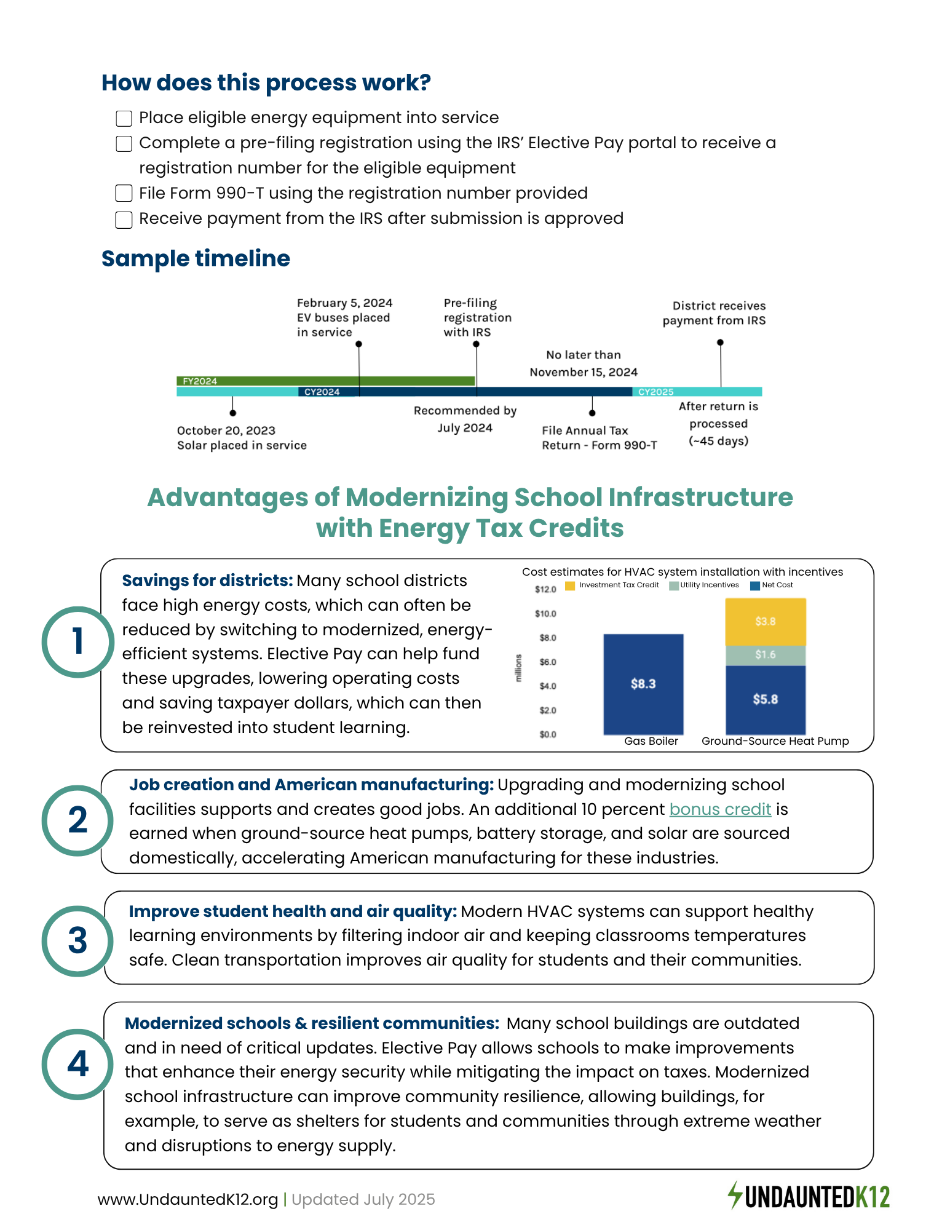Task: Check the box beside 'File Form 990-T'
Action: pos(124,194)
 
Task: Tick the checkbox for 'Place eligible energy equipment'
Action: pos(124,118)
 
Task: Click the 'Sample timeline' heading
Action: pos(196,259)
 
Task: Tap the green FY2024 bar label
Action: pos(200,381)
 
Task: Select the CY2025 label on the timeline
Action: pos(656,392)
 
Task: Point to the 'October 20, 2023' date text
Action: pos(226,430)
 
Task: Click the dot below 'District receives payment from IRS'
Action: pos(720,343)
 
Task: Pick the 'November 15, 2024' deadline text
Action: pos(584,372)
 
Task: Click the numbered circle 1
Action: pos(77,641)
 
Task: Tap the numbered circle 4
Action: pos(77,1064)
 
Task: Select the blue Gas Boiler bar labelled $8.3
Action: pos(643,684)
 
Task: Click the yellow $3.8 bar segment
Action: pos(766,621)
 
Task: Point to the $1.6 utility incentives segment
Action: pos(766,655)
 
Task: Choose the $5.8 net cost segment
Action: pos(766,699)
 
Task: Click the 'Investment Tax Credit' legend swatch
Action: pos(570,585)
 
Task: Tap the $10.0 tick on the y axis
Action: pos(545,614)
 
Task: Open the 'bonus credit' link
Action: pos(720,809)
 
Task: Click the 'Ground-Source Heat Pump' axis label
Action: pos(775,741)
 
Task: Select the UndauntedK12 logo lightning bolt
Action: pos(735,1195)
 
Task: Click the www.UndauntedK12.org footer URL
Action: pos(188,1199)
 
